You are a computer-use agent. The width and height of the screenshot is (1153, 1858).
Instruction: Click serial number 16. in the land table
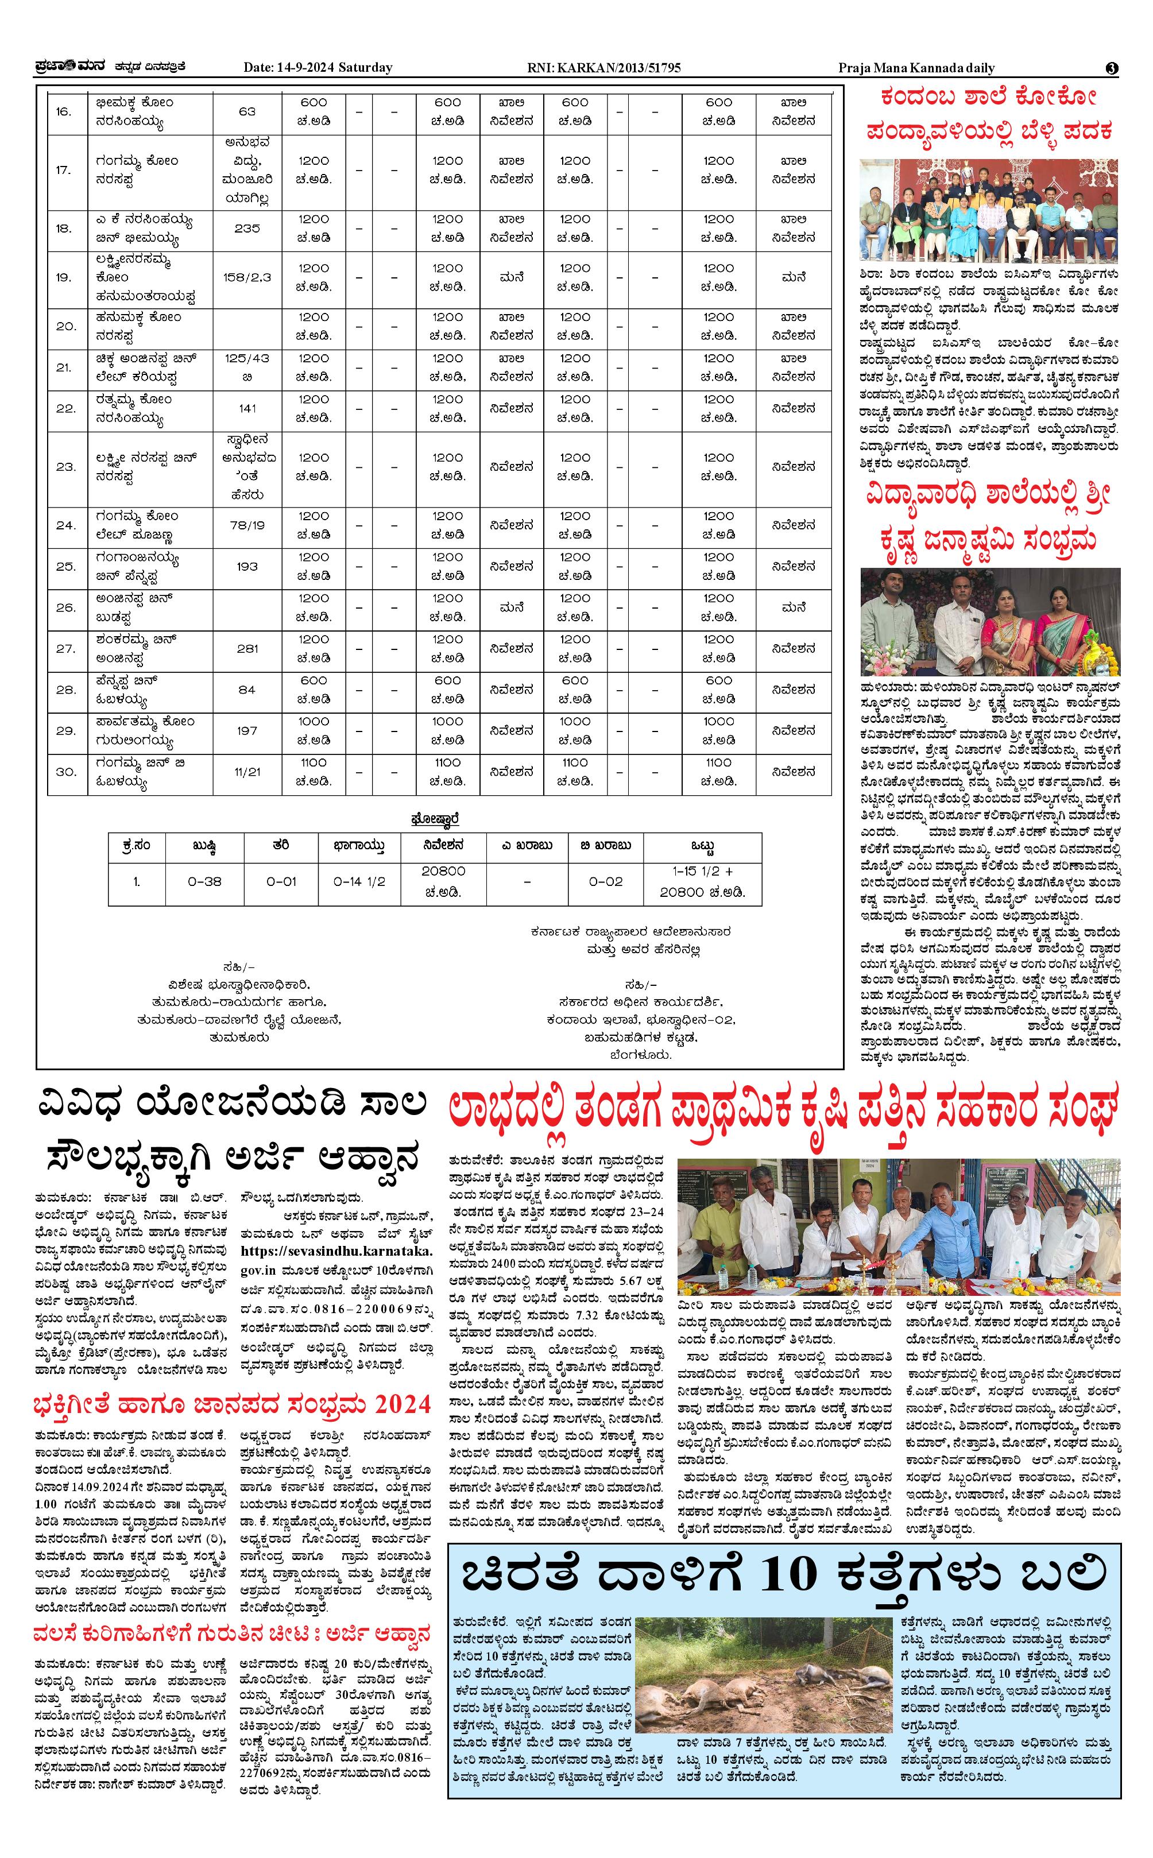64,112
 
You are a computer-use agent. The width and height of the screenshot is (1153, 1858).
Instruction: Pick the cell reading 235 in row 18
247,228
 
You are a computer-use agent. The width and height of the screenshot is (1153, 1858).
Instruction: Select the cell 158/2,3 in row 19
247,277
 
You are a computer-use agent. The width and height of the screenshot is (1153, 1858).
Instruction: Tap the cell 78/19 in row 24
247,525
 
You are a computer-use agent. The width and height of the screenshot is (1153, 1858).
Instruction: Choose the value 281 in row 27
247,649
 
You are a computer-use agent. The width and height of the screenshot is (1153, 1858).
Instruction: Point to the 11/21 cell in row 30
247,772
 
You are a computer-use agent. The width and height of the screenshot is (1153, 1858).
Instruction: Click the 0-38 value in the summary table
204,881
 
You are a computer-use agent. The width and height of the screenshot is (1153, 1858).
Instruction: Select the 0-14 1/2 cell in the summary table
359,881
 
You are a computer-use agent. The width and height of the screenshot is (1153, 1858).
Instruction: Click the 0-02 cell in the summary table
605,881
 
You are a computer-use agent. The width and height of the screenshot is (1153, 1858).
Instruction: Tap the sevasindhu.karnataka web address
335,1251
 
